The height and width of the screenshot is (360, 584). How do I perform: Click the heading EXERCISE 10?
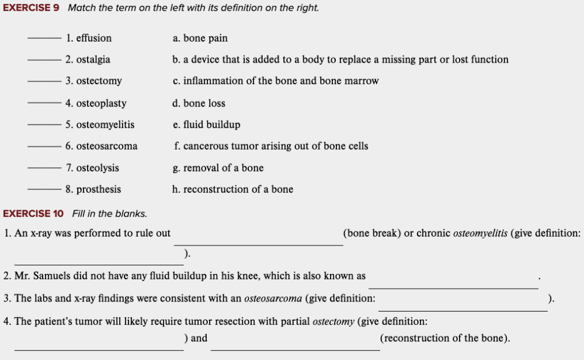[x=33, y=213]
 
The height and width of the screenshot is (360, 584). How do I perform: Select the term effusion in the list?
[x=93, y=39]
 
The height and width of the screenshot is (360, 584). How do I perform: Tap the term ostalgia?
[x=93, y=60]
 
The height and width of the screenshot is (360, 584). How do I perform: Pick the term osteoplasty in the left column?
[x=101, y=103]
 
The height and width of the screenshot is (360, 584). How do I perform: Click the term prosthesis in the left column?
[x=99, y=189]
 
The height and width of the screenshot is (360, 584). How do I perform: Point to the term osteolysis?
[x=98, y=168]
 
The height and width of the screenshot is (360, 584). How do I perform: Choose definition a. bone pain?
[x=200, y=39]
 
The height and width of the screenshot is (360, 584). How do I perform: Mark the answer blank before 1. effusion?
[x=44, y=39]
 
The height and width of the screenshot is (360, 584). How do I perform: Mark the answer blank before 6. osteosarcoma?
[x=44, y=146]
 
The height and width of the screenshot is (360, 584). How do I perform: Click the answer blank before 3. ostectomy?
[x=44, y=81]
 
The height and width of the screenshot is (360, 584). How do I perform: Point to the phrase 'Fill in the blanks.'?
[x=110, y=213]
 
